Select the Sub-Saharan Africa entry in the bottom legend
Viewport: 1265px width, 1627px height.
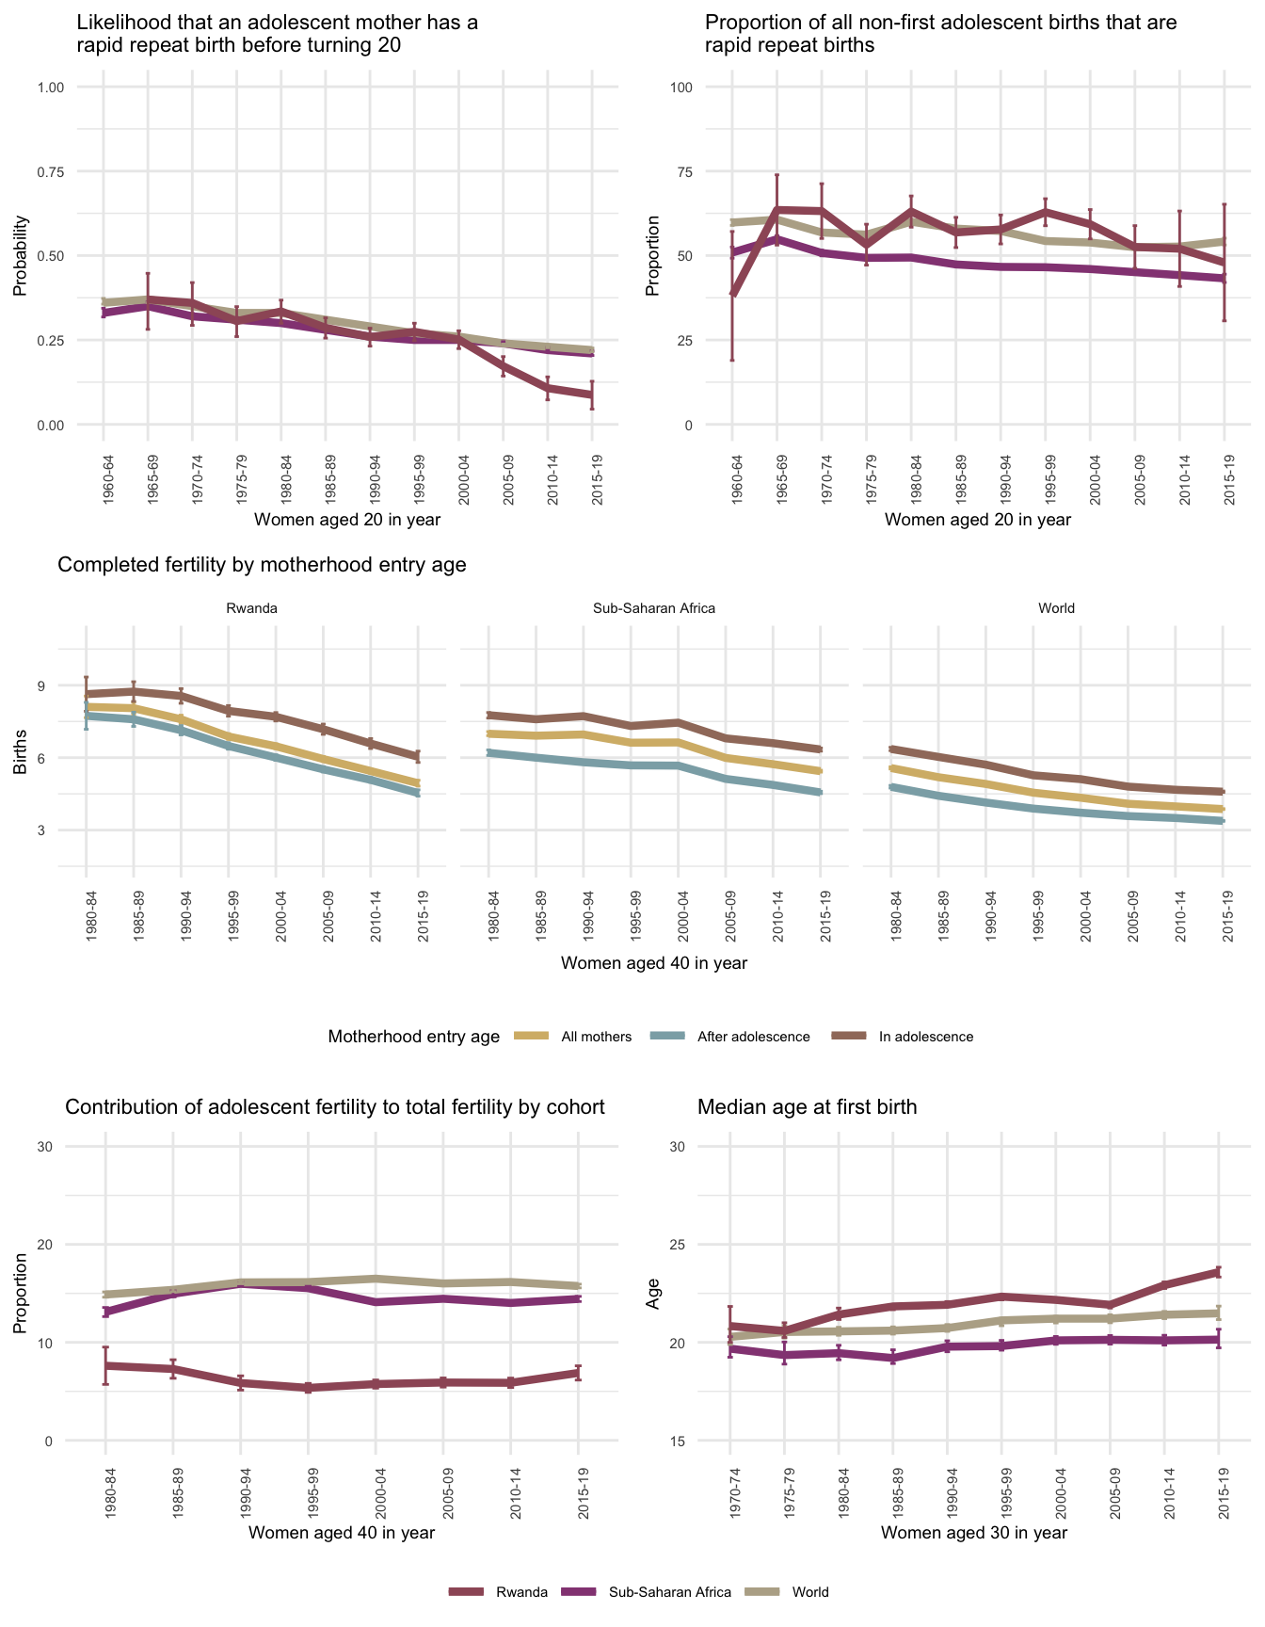coord(669,1592)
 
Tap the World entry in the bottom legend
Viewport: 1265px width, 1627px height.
coord(809,1592)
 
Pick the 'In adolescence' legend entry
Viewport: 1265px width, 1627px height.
coord(925,1037)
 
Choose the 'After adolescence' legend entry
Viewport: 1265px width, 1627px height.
coord(753,1037)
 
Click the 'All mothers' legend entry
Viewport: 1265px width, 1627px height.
coord(596,1037)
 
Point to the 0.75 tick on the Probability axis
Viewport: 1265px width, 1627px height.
coord(51,171)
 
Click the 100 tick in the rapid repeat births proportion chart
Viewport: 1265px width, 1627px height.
coord(680,88)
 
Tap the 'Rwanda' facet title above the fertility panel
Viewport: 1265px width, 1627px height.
coord(251,608)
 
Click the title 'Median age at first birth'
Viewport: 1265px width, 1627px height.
coord(807,1107)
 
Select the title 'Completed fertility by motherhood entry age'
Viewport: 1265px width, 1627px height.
coord(262,565)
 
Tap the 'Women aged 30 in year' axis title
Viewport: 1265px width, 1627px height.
coord(974,1532)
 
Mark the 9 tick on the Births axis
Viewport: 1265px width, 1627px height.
coord(68,685)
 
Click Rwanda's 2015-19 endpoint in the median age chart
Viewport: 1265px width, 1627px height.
coord(1219,1272)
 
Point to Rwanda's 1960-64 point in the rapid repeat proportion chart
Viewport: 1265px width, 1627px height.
coord(731,295)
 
